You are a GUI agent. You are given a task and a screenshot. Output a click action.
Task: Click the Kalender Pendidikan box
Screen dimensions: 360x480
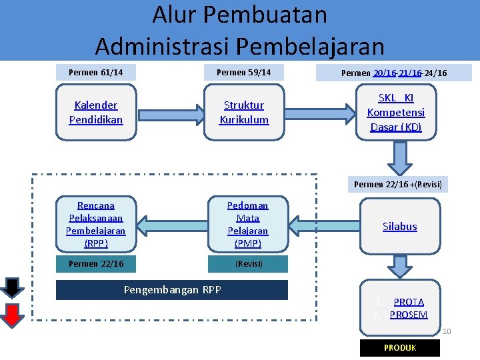(95, 112)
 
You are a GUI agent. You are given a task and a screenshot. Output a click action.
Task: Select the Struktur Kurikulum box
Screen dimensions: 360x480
(244, 112)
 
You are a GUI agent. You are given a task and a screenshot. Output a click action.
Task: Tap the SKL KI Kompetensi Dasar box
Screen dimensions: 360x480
(396, 112)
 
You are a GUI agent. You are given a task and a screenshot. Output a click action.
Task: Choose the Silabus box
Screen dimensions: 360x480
(399, 226)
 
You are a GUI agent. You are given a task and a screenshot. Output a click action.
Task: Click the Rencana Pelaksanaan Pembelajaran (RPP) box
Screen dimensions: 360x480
(95, 224)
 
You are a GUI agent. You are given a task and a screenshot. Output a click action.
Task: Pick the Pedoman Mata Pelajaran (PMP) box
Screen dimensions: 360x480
(247, 224)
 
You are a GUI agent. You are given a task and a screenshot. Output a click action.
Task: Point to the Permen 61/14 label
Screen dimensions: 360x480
(95, 72)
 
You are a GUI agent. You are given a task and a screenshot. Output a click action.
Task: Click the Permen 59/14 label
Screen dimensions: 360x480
(244, 72)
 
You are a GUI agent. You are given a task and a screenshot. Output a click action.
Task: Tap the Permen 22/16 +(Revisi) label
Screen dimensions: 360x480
(398, 184)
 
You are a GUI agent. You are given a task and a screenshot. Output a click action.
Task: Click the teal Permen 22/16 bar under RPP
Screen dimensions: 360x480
(95, 264)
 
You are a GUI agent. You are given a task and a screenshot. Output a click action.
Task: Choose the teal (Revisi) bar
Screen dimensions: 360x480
(247, 264)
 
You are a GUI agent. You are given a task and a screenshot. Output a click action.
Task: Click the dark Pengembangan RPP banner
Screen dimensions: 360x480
(172, 290)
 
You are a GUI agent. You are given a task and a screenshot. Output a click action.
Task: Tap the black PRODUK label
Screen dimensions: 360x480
(400, 348)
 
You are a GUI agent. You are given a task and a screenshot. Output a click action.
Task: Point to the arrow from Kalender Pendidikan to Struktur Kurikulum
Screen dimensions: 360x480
(170, 112)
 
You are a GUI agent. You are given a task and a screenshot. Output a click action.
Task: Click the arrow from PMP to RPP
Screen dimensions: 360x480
(171, 224)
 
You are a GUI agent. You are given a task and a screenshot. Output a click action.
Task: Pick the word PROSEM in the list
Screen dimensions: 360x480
(408, 315)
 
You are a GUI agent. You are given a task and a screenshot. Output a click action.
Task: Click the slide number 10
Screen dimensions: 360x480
(447, 331)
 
